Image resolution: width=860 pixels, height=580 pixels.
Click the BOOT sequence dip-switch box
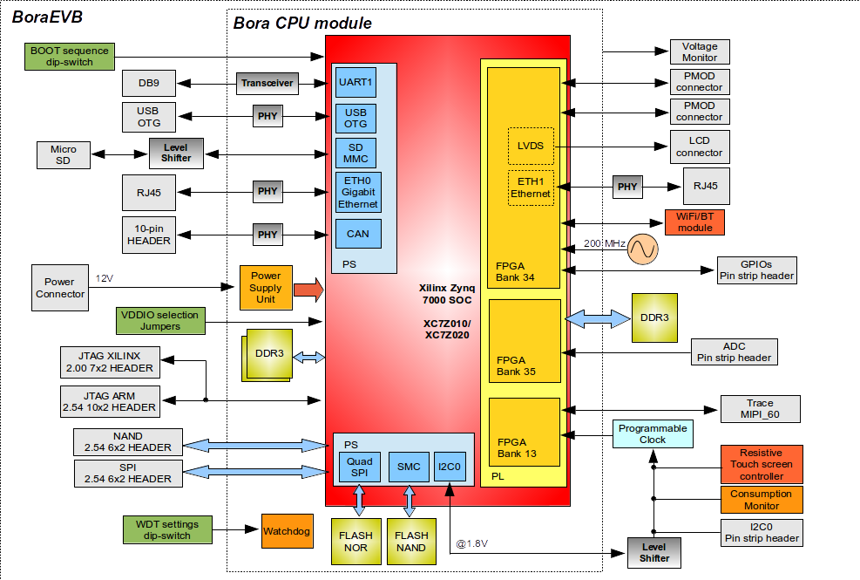70,57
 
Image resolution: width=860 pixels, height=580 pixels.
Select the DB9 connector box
149,84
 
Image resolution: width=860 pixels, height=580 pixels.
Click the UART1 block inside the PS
356,83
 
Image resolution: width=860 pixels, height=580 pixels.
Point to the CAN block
356,234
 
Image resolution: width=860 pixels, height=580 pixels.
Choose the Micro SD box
63,154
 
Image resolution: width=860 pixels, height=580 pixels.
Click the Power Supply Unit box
266,288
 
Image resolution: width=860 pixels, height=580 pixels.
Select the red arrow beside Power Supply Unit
308,288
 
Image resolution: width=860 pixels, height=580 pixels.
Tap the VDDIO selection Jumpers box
159,320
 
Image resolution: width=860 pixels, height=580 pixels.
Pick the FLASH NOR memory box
356,541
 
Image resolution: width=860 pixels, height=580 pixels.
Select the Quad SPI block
359,467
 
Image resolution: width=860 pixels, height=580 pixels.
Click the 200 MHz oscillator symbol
643,249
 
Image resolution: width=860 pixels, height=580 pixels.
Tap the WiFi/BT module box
694,222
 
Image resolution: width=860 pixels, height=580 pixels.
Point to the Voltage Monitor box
699,51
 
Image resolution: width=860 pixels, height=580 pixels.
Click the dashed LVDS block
530,146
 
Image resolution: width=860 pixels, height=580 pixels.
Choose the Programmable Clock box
652,433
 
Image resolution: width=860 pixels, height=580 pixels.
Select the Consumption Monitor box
761,500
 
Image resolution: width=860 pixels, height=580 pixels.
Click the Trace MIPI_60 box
760,409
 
